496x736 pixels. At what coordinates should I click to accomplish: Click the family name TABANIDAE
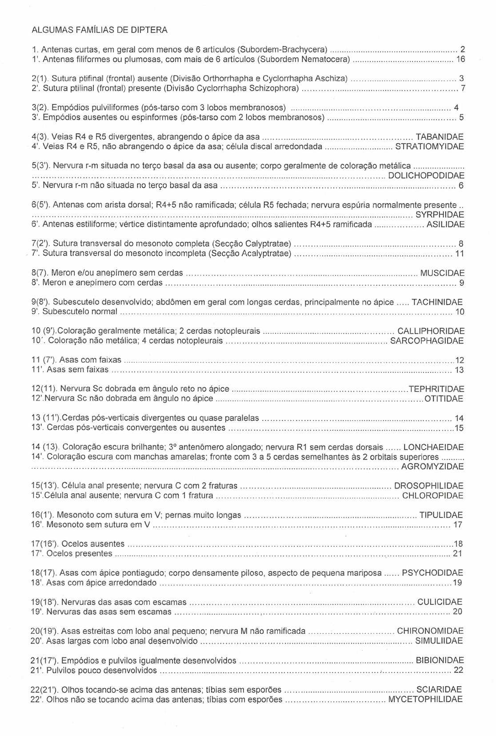click(440, 137)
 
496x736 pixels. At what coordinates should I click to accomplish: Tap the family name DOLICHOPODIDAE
click(426, 176)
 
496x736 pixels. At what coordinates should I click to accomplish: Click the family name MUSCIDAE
click(442, 273)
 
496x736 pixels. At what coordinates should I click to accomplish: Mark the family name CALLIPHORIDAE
click(431, 332)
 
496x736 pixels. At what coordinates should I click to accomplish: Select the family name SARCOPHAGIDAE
click(427, 341)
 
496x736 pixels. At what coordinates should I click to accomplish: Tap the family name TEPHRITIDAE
click(436, 389)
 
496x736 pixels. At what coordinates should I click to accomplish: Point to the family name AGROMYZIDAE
click(432, 467)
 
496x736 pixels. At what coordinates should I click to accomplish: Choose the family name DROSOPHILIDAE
click(429, 486)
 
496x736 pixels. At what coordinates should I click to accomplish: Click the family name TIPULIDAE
click(441, 516)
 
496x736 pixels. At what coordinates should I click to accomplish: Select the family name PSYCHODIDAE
click(432, 573)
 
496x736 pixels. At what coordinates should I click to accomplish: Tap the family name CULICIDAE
click(440, 603)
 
